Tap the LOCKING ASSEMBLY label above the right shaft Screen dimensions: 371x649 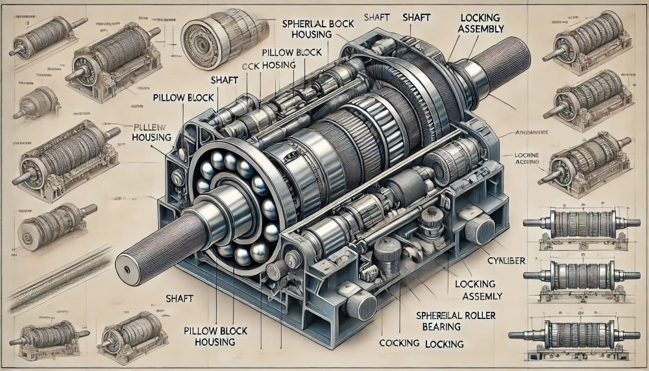click(x=485, y=24)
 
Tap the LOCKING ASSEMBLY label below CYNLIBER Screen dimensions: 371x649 click(x=479, y=290)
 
